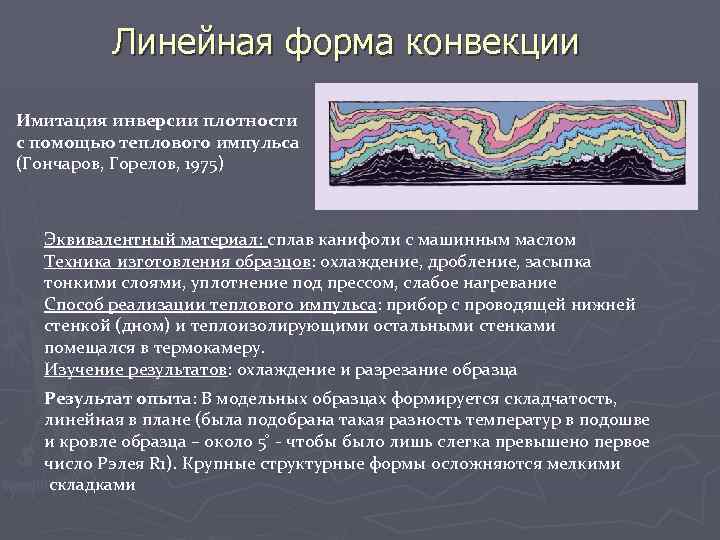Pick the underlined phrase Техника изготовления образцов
177,261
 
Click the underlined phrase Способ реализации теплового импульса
210,305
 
